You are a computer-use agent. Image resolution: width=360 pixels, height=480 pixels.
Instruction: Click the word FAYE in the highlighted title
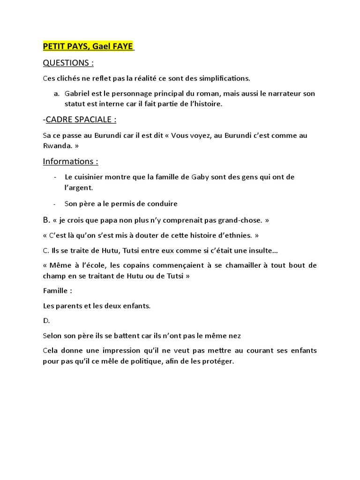point(122,46)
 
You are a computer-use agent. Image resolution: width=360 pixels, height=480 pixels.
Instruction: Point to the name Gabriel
point(79,93)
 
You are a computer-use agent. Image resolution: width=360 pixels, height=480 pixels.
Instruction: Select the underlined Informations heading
point(70,161)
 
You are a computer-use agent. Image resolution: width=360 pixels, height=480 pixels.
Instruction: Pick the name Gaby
point(202,177)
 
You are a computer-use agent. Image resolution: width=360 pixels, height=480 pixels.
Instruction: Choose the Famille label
point(57,291)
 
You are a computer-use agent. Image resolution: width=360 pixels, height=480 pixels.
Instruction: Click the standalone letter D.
point(46,321)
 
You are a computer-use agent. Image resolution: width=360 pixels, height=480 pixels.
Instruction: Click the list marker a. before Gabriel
point(57,93)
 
